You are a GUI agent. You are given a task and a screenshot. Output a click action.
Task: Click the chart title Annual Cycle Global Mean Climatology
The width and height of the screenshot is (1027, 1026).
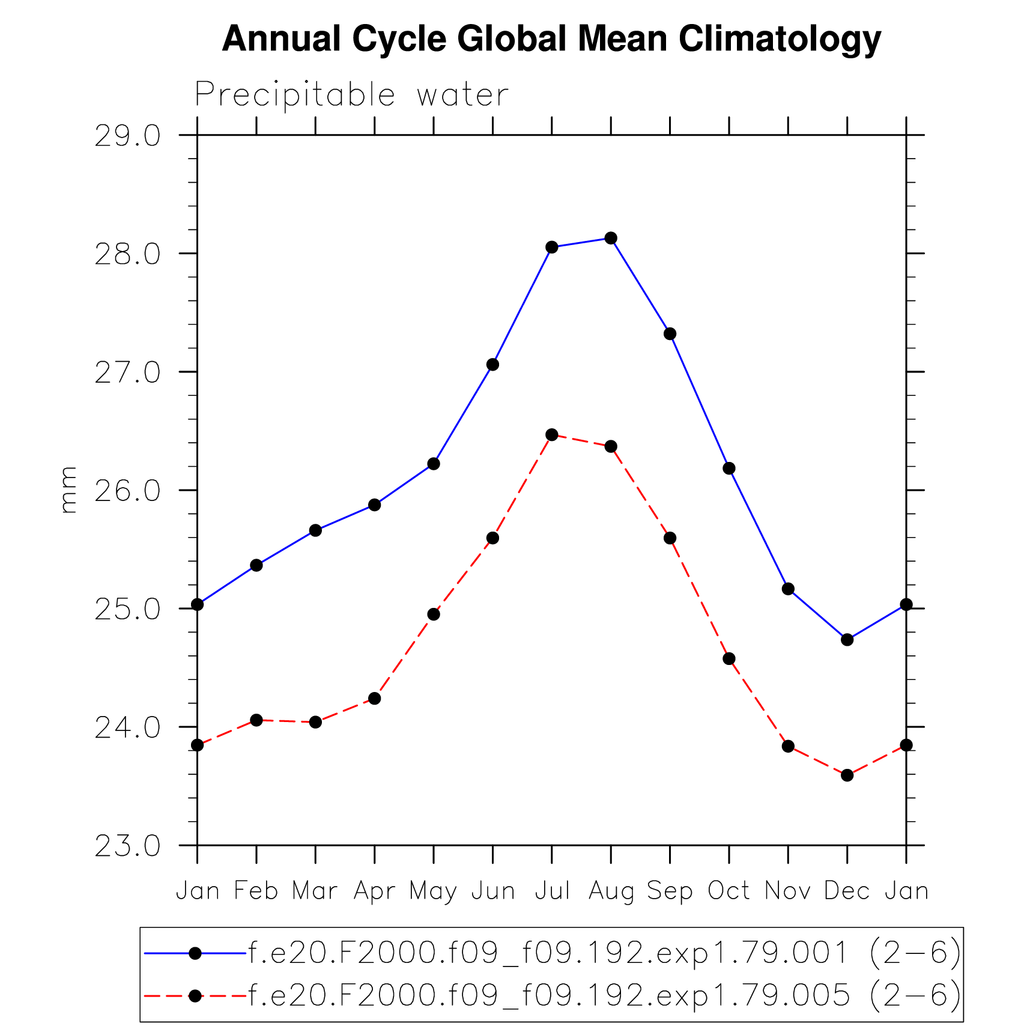pyautogui.click(x=551, y=39)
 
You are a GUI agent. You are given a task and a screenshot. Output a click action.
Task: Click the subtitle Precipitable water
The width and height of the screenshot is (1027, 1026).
pyautogui.click(x=352, y=95)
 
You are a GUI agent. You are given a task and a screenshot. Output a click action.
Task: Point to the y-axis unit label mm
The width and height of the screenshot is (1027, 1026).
pyautogui.click(x=68, y=490)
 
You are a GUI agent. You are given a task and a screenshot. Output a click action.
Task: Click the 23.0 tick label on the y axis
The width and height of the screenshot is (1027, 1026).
pyautogui.click(x=128, y=846)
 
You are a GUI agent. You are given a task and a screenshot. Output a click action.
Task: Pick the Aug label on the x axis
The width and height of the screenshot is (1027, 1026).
pyautogui.click(x=611, y=891)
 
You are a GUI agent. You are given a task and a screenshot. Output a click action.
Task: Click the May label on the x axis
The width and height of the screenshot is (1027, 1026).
pyautogui.click(x=433, y=891)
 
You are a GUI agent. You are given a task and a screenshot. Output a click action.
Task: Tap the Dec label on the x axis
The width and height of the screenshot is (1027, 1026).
pyautogui.click(x=847, y=891)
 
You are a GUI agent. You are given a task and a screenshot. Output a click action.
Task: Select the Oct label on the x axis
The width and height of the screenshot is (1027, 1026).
pyautogui.click(x=729, y=891)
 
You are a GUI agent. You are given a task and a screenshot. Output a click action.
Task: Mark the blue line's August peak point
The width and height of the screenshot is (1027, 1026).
pyautogui.click(x=611, y=238)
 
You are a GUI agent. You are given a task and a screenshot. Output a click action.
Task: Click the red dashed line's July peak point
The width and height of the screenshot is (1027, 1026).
pyautogui.click(x=552, y=435)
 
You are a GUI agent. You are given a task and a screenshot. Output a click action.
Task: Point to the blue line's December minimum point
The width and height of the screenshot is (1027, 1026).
pyautogui.click(x=847, y=640)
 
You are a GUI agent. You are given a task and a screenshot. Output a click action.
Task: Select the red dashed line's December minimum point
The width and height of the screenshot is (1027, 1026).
pyautogui.click(x=847, y=776)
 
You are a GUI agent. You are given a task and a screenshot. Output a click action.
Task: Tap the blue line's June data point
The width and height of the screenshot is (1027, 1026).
pyautogui.click(x=492, y=365)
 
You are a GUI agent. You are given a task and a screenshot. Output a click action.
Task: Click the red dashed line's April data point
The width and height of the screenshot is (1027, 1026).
pyautogui.click(x=375, y=699)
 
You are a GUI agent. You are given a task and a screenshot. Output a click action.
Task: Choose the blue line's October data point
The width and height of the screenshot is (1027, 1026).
pyautogui.click(x=729, y=469)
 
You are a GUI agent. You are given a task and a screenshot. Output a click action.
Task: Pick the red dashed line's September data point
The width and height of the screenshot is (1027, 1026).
pyautogui.click(x=670, y=538)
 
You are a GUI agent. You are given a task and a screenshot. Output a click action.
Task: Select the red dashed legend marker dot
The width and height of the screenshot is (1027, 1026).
pyautogui.click(x=195, y=996)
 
